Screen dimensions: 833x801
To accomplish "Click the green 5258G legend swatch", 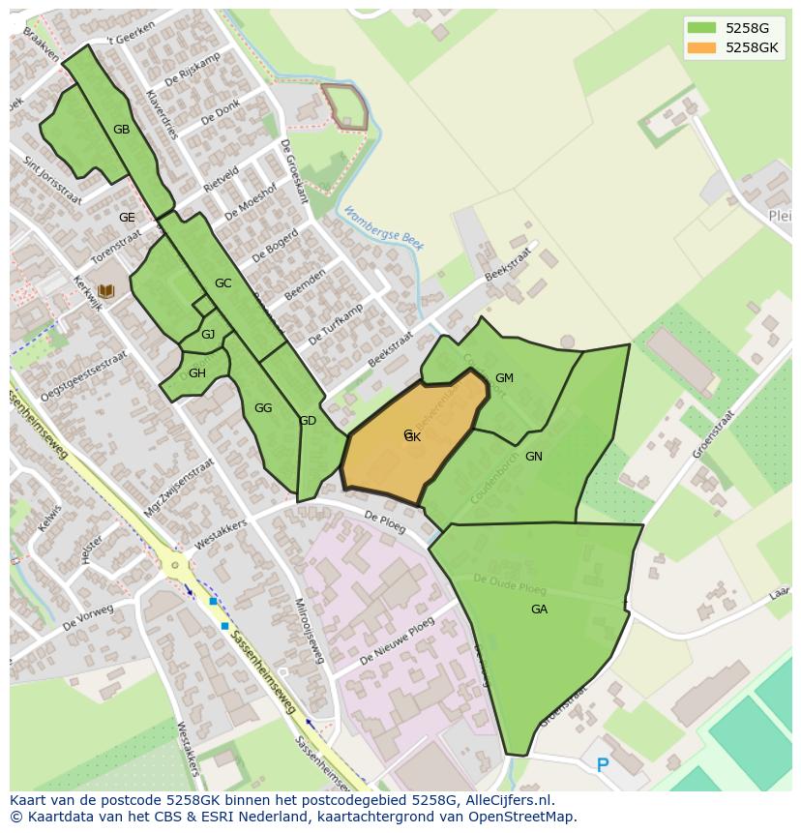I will [701, 27].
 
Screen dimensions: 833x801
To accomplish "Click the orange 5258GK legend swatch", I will [701, 46].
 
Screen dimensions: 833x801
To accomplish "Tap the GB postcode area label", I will [121, 130].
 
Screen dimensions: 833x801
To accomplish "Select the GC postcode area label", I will [223, 283].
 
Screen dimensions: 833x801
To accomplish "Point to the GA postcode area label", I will [539, 610].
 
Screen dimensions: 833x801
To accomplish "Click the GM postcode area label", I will [504, 378].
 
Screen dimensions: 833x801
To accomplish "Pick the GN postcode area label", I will [534, 457].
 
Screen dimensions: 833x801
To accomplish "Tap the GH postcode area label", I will [197, 373].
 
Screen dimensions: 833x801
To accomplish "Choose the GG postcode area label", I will [263, 408].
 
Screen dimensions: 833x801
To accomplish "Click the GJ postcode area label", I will [208, 335].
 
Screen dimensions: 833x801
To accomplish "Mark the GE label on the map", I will [127, 218].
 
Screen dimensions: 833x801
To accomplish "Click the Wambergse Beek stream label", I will [384, 228].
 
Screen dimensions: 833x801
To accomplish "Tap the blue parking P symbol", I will [603, 765].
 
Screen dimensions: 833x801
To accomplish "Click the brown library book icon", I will [105, 290].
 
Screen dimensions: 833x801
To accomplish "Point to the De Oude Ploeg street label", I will [510, 584].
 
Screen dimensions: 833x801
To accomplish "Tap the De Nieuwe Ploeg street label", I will [397, 642].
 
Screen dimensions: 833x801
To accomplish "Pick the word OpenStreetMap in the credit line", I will [521, 817].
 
